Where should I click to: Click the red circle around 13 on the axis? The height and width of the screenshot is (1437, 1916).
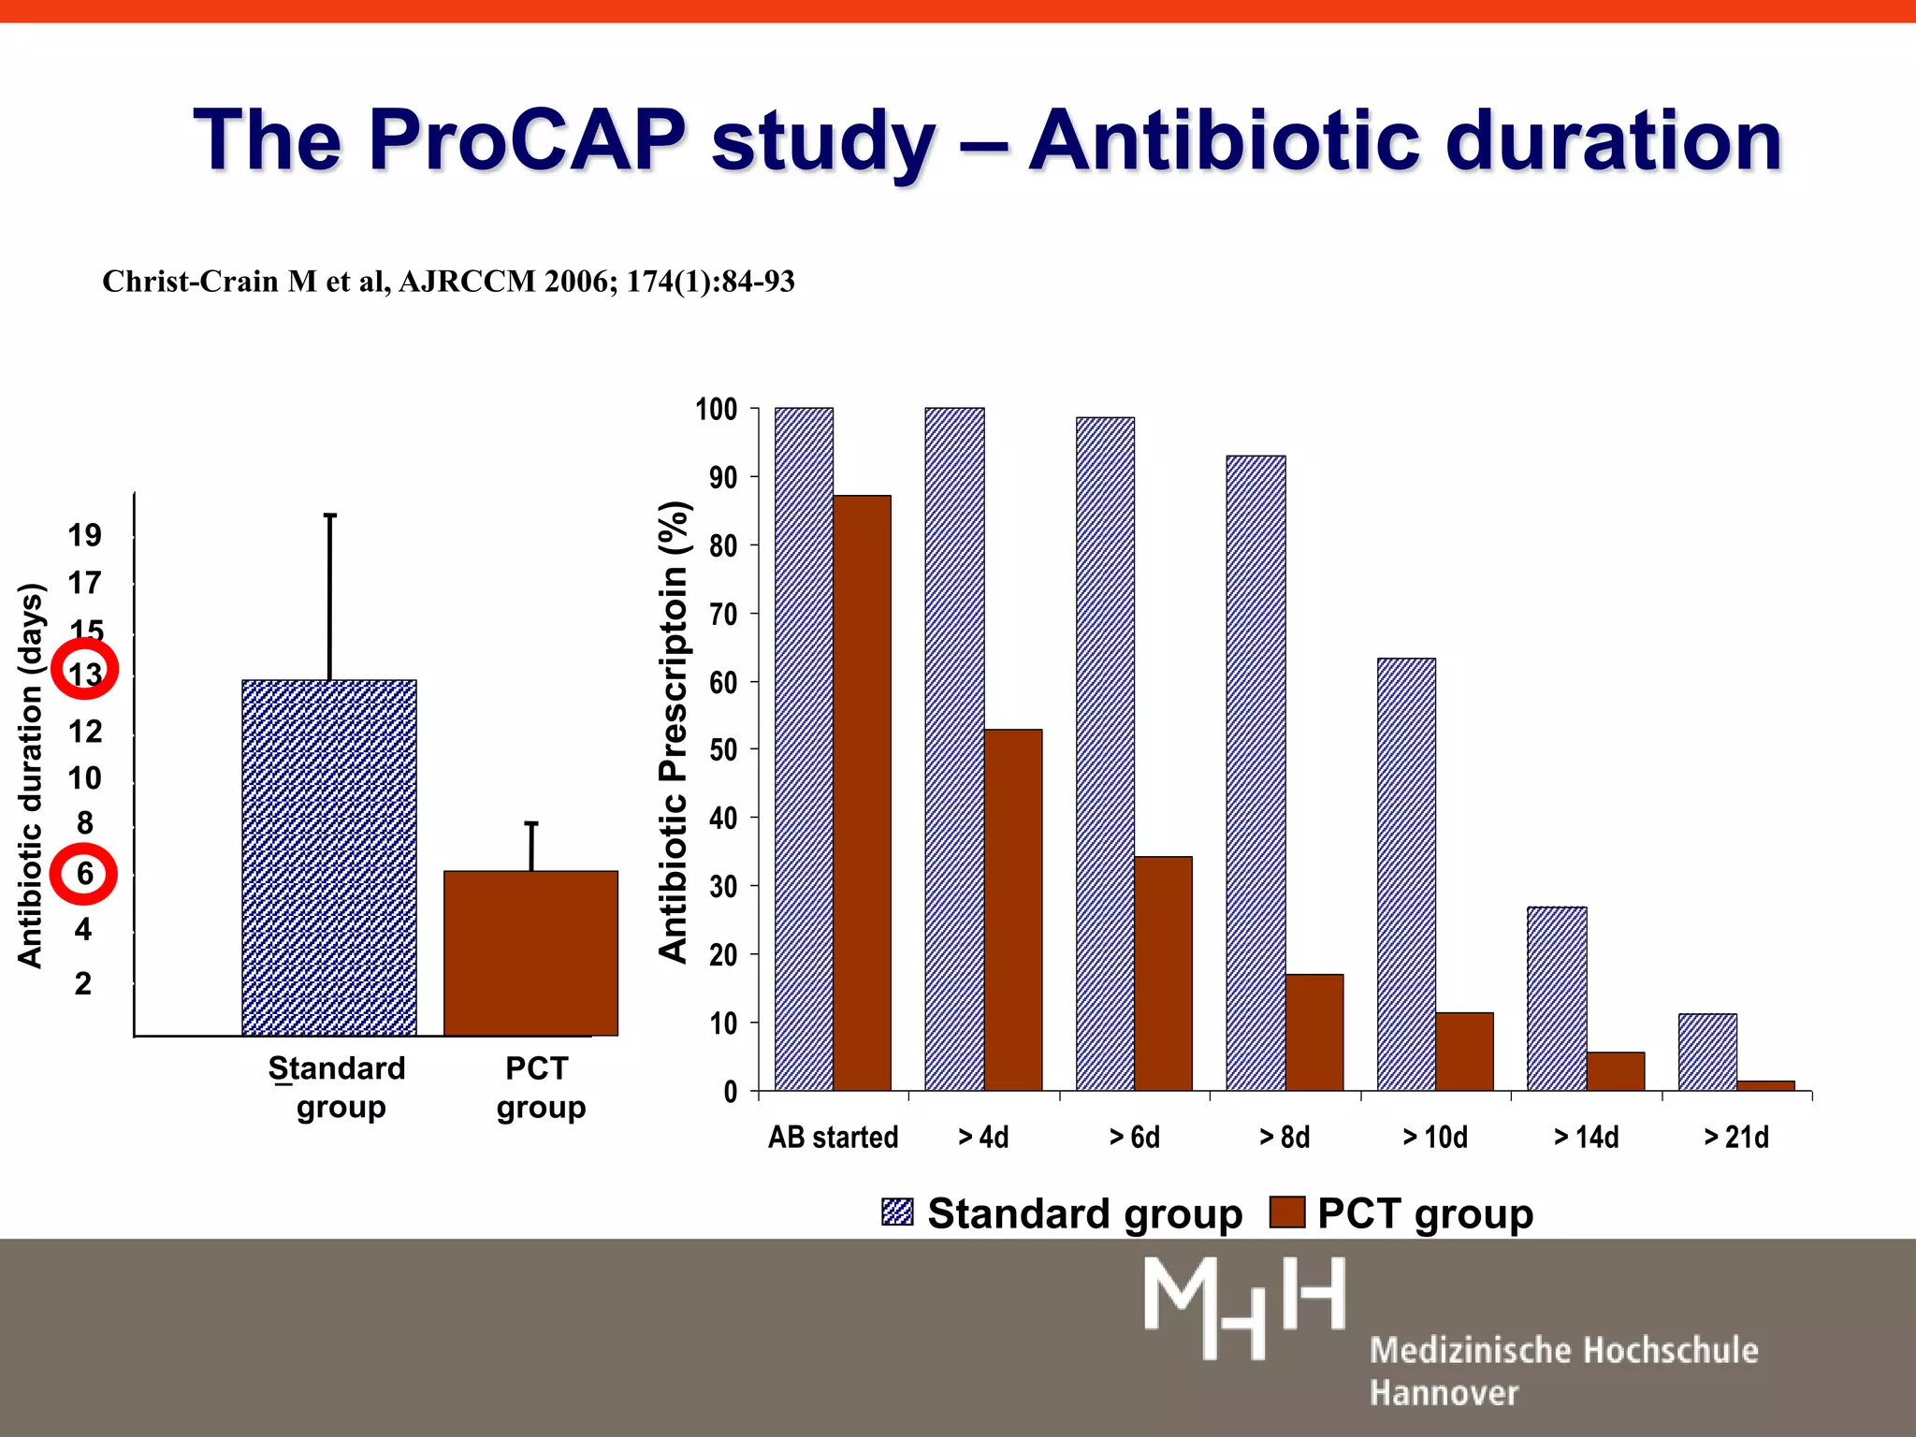coord(84,670)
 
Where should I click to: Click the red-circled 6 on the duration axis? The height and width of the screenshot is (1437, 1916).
coord(83,875)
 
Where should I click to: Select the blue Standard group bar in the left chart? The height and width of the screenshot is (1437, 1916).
coord(329,857)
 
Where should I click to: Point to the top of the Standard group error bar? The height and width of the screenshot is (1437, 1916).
coord(330,515)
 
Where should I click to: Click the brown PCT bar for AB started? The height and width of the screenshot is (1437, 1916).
coord(862,792)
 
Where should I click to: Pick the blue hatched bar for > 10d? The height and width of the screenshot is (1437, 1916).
coord(1406,874)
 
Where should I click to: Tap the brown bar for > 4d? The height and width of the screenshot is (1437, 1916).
coord(1012,909)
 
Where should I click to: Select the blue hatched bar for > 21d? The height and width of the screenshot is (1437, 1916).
coord(1707,1052)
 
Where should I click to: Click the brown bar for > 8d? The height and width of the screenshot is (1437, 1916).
coord(1314,1032)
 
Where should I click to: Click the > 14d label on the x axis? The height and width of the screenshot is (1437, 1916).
coord(1586,1137)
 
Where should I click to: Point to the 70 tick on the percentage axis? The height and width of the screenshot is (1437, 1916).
coord(723,615)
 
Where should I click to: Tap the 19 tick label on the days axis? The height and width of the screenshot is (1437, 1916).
coord(84,535)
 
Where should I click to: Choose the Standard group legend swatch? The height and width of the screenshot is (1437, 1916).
coord(897,1212)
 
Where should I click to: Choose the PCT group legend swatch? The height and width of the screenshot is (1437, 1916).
coord(1286,1212)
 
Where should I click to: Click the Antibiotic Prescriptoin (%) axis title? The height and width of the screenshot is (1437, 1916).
coord(674,732)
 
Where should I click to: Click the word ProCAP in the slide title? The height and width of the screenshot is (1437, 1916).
coord(528,140)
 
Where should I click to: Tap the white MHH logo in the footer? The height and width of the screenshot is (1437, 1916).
coord(1244,1307)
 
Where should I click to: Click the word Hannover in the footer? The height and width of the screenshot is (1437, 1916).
coord(1444,1393)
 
